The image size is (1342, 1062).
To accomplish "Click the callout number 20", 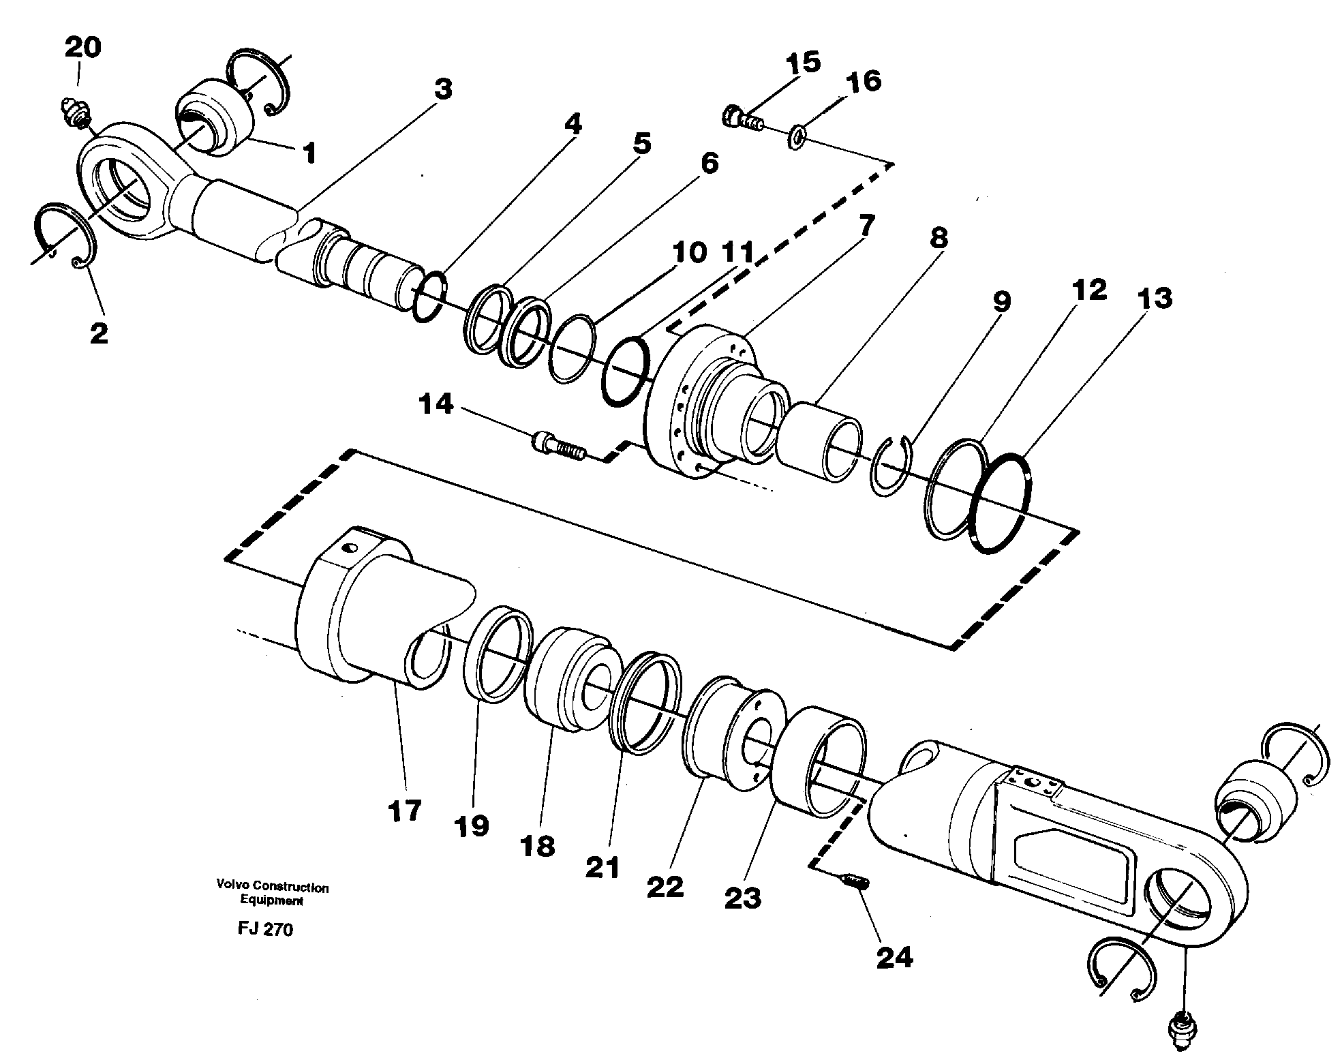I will coord(82,48).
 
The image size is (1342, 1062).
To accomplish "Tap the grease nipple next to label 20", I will coord(73,111).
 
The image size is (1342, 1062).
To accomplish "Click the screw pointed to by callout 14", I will coord(556,445).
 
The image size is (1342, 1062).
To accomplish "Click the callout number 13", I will coord(1153,299).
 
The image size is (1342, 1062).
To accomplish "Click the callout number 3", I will coord(443,89).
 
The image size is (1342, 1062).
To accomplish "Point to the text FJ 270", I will coord(262,930).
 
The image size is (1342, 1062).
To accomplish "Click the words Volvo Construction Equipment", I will coord(272,894).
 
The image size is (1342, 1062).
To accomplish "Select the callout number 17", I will coord(405,812).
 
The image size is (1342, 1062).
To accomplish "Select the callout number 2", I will coord(99,333).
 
